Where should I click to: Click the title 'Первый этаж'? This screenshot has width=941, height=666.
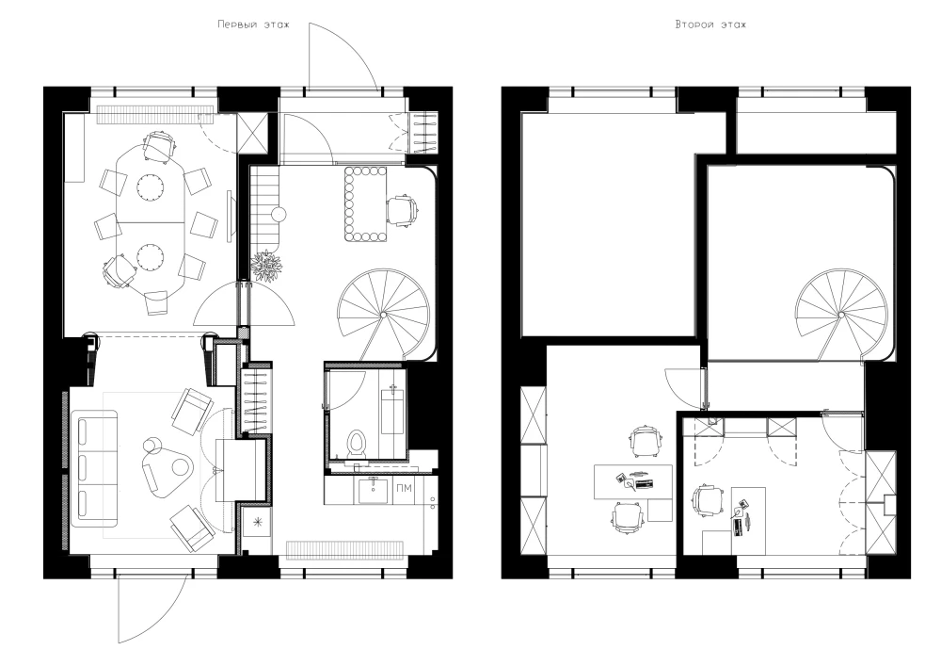pyautogui.click(x=252, y=24)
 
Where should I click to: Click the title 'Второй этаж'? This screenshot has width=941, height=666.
pyautogui.click(x=710, y=24)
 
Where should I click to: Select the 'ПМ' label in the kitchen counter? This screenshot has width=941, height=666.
pyautogui.click(x=404, y=488)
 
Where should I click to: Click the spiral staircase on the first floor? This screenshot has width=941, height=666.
pyautogui.click(x=383, y=313)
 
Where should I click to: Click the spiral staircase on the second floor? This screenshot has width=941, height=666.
pyautogui.click(x=841, y=314)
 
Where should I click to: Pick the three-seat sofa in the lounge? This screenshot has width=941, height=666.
pyautogui.click(x=94, y=468)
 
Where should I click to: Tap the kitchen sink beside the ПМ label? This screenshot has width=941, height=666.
pyautogui.click(x=373, y=491)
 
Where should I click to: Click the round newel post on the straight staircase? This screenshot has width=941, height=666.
pyautogui.click(x=279, y=215)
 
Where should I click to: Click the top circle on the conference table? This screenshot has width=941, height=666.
pyautogui.click(x=149, y=186)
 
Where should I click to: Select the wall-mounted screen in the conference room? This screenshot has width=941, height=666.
pyautogui.click(x=230, y=217)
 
